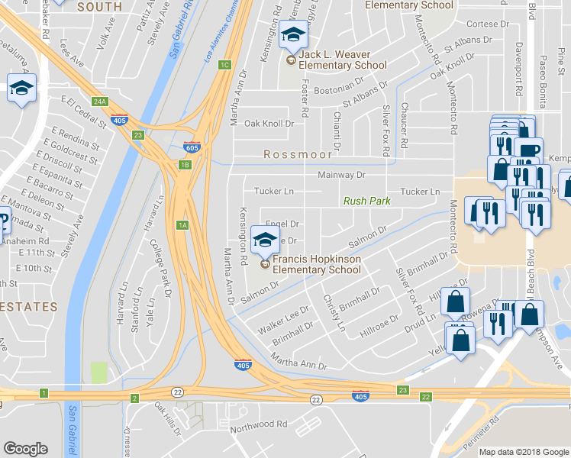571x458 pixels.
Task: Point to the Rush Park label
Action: pos(366,202)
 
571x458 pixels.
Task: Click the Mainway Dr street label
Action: pos(342,175)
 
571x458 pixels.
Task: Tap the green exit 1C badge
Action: pos(224,65)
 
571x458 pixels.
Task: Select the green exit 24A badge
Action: pos(99,102)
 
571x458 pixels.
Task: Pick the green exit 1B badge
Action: pos(185,164)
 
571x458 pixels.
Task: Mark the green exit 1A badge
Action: pos(182,224)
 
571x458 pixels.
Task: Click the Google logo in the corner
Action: pos(25,449)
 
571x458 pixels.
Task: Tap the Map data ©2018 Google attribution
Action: pos(524,452)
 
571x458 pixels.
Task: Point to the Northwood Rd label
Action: pos(260,423)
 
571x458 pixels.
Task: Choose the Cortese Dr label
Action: pos(481,24)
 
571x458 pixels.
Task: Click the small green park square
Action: pos(98,373)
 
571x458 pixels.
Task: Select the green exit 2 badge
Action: pos(134,398)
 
